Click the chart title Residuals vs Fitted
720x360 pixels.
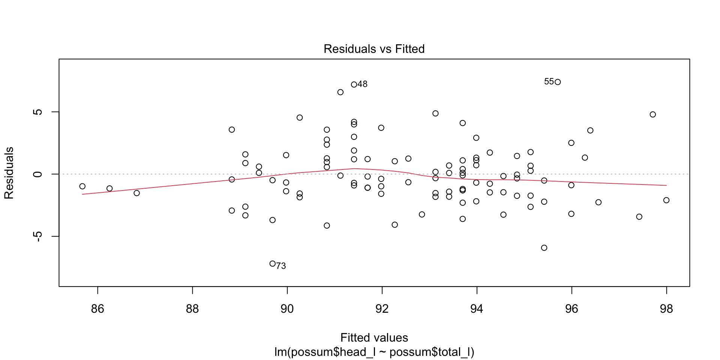point(374,49)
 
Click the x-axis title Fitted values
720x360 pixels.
point(374,337)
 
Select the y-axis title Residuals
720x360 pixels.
point(9,173)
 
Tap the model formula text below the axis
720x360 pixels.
point(374,352)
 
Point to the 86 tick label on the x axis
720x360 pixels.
point(97,309)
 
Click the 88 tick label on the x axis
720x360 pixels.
point(192,309)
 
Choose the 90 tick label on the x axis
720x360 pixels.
point(287,309)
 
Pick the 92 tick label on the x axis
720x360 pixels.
point(382,309)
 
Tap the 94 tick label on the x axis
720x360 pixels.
point(477,309)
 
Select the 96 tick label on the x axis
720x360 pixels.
point(571,309)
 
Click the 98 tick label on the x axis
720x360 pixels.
point(666,309)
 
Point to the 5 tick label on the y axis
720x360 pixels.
point(37,112)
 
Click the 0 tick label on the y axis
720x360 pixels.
point(37,174)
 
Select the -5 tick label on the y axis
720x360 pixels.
point(37,236)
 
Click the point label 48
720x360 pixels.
point(362,84)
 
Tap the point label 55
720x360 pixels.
point(549,82)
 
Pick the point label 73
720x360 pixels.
point(281,266)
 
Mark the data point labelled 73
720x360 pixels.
point(273,264)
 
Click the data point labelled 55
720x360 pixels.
point(558,82)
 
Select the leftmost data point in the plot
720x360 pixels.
point(82,186)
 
